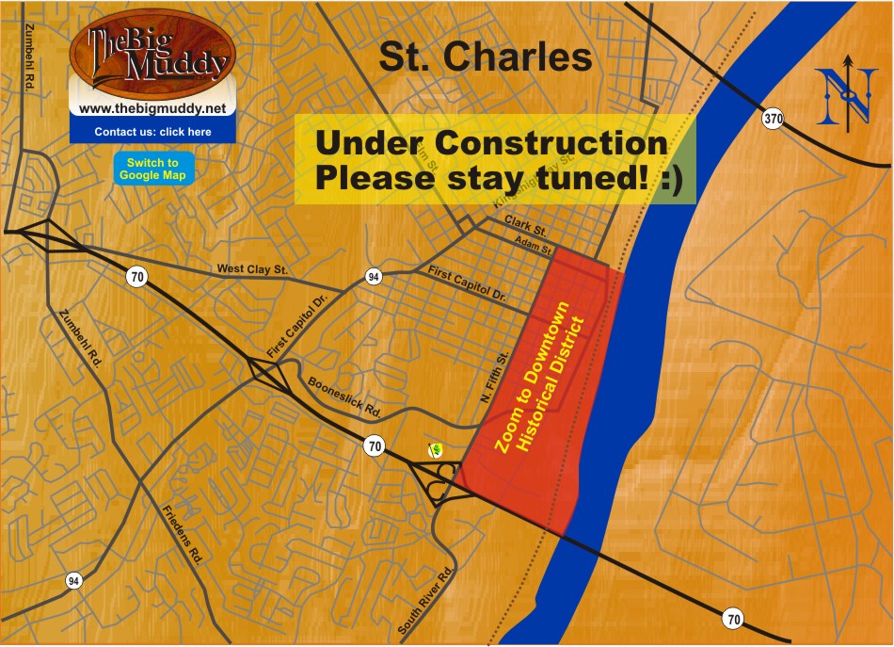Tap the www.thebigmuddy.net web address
(x=152, y=109)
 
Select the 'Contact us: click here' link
(x=152, y=132)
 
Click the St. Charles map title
(x=485, y=57)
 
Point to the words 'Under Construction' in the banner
(x=490, y=143)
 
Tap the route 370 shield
(x=772, y=120)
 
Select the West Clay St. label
(x=251, y=269)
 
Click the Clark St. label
(x=525, y=225)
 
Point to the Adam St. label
(x=534, y=244)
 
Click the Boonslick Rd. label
(x=343, y=398)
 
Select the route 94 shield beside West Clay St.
(x=374, y=277)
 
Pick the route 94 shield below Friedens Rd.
(x=73, y=580)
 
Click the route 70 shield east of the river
(x=733, y=619)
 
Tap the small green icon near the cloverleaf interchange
(x=435, y=449)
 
